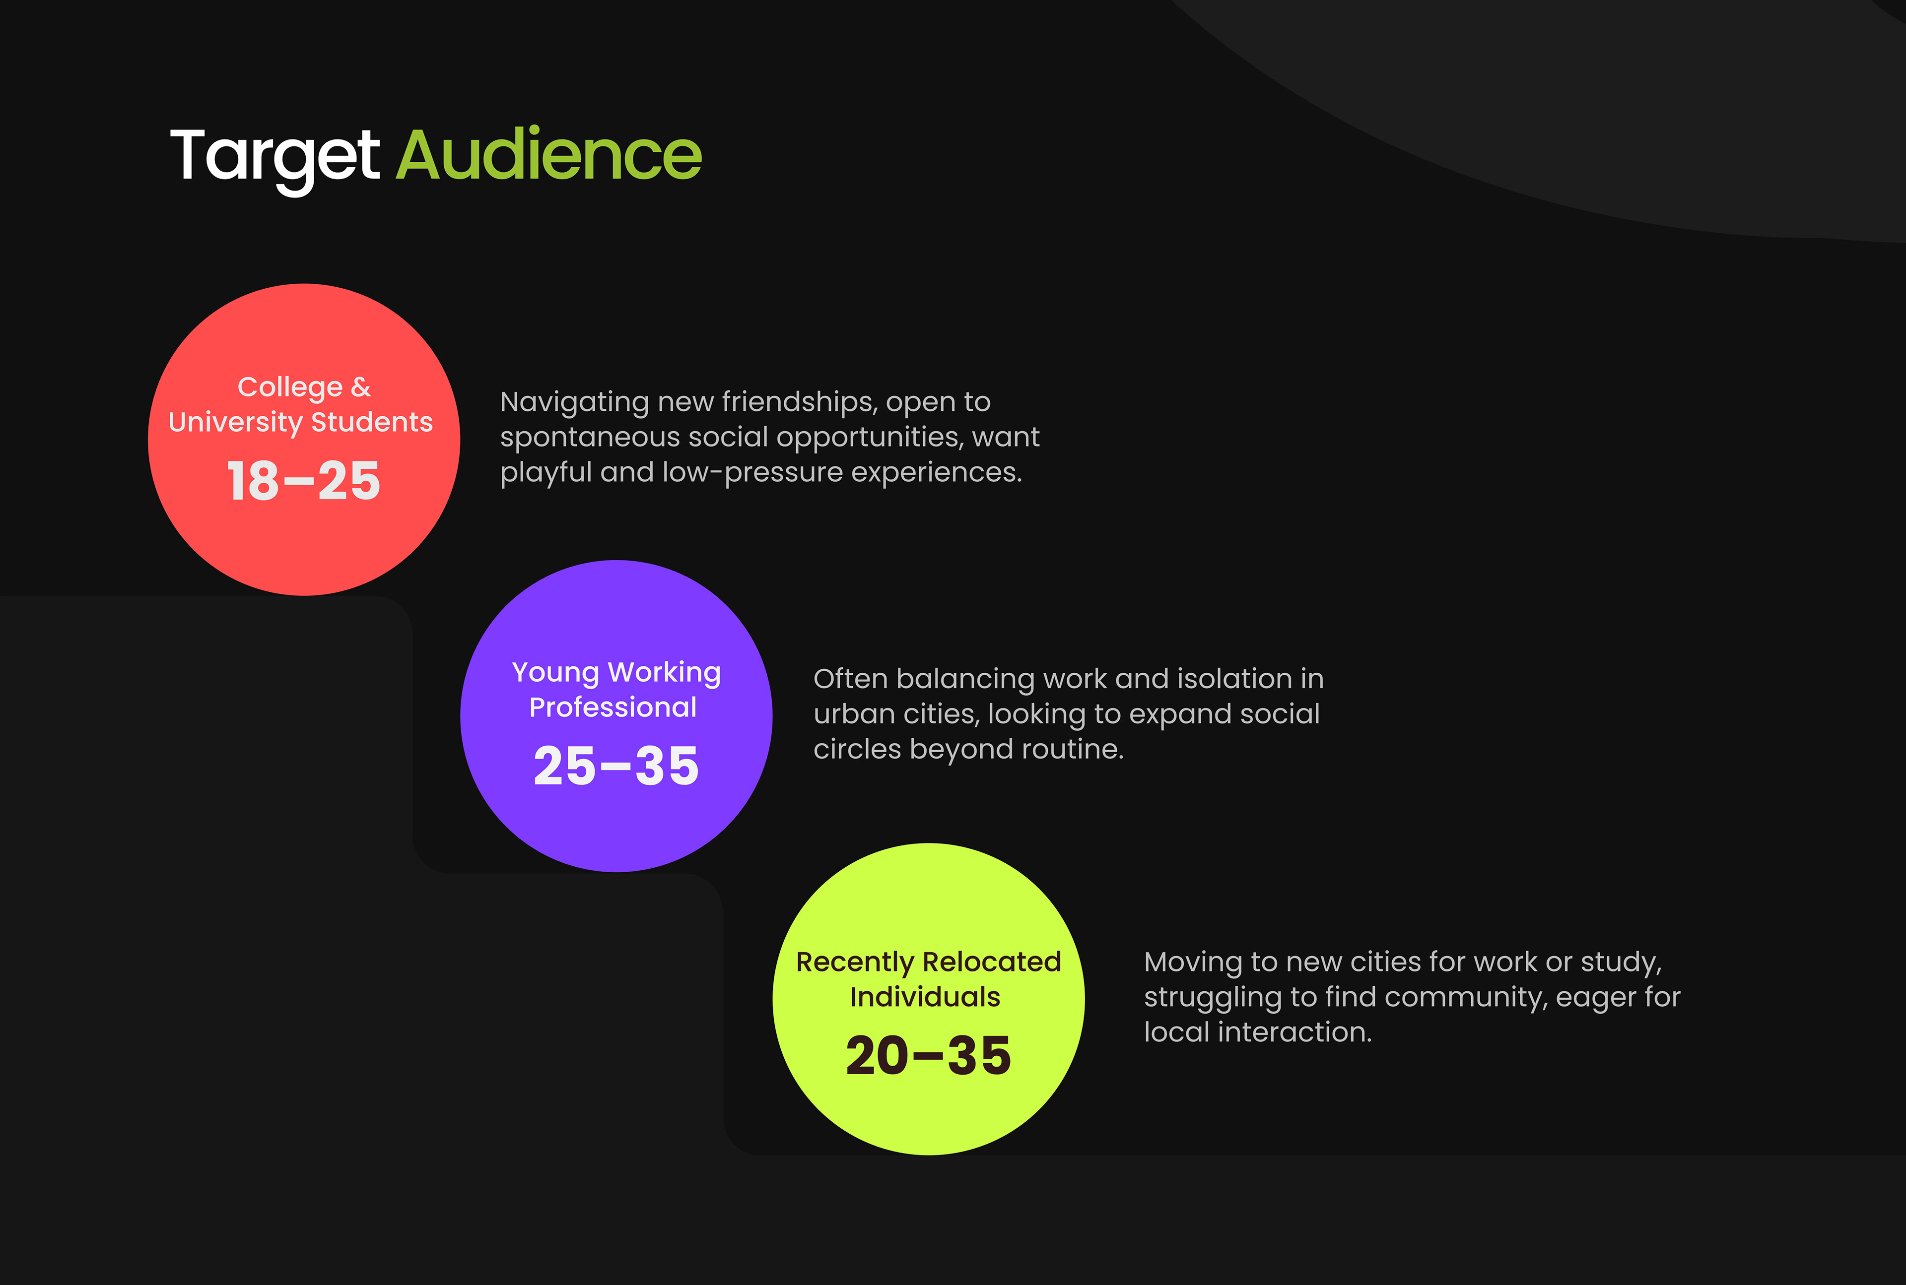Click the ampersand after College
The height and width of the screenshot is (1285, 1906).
pos(361,387)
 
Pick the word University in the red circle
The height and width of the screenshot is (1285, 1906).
pos(235,423)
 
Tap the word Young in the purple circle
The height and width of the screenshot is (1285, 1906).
pos(556,673)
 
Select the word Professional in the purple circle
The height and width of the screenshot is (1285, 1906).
pos(613,707)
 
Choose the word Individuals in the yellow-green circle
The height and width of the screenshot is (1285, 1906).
pos(925,997)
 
